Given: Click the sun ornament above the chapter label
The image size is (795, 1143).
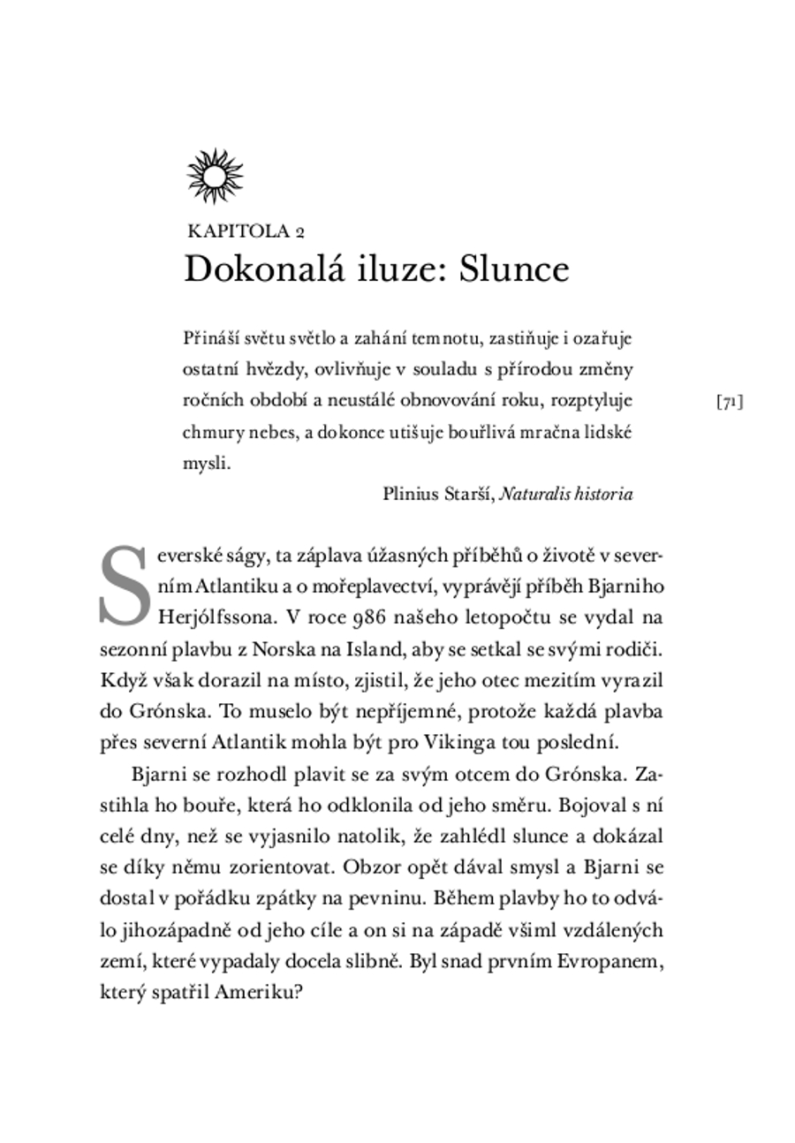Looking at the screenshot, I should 215,176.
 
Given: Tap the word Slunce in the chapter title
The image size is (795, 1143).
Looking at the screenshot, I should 514,269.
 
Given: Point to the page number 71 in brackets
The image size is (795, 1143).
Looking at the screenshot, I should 729,402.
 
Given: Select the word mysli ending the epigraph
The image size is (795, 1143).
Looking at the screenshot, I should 206,463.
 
